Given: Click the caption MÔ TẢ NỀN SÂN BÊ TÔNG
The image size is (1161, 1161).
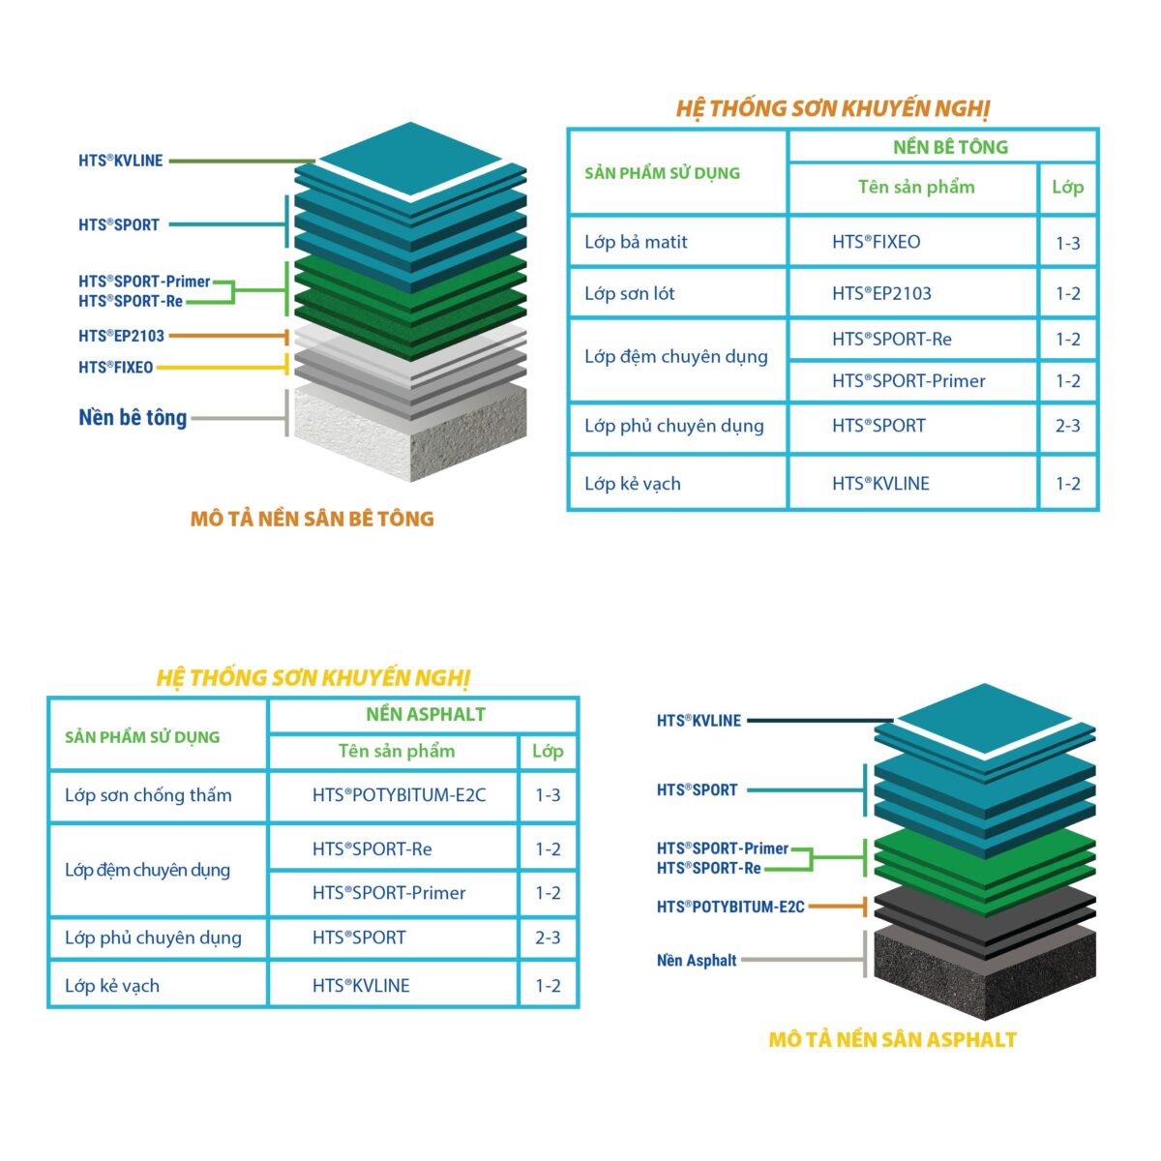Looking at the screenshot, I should [x=312, y=519].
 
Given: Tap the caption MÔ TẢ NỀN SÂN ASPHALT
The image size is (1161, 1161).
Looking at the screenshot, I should [x=892, y=1040].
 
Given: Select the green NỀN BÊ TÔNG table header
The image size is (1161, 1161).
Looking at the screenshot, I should [x=950, y=147].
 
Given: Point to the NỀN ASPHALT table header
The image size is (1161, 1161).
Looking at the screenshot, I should [x=425, y=715].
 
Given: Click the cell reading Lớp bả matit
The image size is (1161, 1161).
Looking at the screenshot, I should [x=636, y=242].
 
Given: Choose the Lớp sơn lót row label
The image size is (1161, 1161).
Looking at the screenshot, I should [x=629, y=293].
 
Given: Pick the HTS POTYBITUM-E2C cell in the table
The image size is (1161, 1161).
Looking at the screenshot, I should [x=399, y=795].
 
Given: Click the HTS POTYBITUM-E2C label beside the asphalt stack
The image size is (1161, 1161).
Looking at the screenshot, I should [x=730, y=907].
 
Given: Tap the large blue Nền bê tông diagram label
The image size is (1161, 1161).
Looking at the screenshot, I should [x=133, y=418].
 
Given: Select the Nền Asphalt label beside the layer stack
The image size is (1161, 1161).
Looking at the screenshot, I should [x=697, y=961].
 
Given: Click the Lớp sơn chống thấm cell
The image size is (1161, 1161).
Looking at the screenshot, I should [x=148, y=795].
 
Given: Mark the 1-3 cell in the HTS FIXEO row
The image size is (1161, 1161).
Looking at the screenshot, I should [x=1067, y=243].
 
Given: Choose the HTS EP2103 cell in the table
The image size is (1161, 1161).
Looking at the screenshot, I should [x=881, y=293].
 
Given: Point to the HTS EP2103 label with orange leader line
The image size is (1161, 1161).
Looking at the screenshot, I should [x=121, y=336].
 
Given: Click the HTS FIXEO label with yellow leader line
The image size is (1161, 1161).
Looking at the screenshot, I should [x=115, y=368].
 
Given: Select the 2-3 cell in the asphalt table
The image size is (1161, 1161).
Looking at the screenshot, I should [x=548, y=938].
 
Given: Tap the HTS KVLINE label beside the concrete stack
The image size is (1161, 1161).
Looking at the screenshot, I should [x=120, y=161].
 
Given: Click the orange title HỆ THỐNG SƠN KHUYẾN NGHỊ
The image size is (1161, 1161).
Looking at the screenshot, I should [x=832, y=108].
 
